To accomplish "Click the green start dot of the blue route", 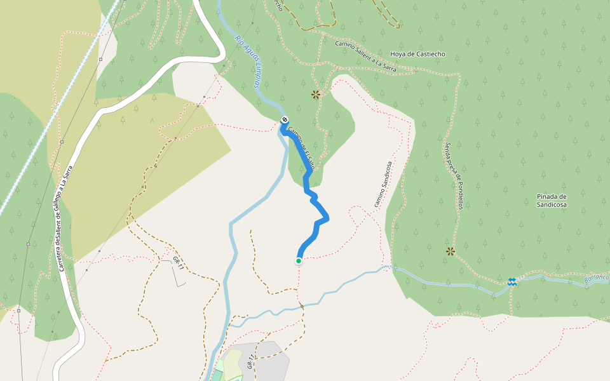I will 299,260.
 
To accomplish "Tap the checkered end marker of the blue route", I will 285,120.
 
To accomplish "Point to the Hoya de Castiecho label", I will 417,54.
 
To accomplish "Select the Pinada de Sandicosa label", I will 551,201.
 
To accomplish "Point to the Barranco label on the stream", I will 595,278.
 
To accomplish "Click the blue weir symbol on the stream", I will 512,281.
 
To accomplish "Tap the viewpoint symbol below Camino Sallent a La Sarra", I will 316,95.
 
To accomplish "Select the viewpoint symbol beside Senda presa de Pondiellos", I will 451,251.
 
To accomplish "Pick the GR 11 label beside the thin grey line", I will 178,264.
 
